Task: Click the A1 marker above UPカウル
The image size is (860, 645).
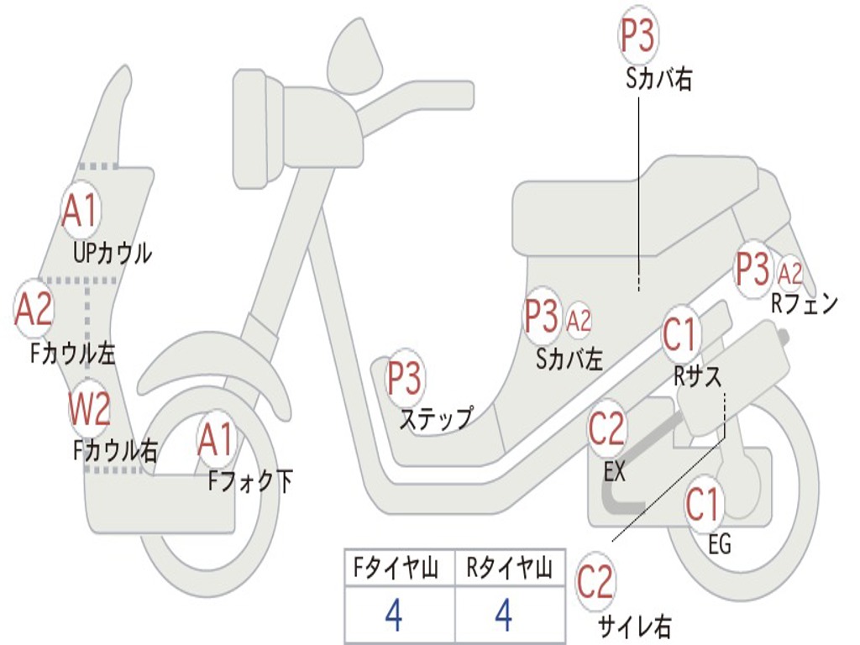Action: point(81,211)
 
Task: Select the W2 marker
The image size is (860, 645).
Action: point(89,410)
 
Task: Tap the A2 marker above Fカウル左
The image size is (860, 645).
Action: point(34,309)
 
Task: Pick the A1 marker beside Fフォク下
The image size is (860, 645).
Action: point(216,440)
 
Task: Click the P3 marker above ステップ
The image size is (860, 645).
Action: point(404,379)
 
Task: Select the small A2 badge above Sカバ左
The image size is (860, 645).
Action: point(579,320)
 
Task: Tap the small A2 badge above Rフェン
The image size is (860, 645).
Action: point(790,273)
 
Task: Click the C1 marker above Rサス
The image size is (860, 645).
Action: point(680,334)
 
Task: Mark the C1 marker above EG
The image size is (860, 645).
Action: point(703,504)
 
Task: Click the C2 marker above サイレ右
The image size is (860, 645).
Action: point(595,581)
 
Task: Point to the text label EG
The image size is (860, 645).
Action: point(720,545)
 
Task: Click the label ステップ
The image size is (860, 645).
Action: point(436,417)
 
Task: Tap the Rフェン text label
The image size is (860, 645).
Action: point(805,304)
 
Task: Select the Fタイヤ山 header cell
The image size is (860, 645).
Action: point(398,569)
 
